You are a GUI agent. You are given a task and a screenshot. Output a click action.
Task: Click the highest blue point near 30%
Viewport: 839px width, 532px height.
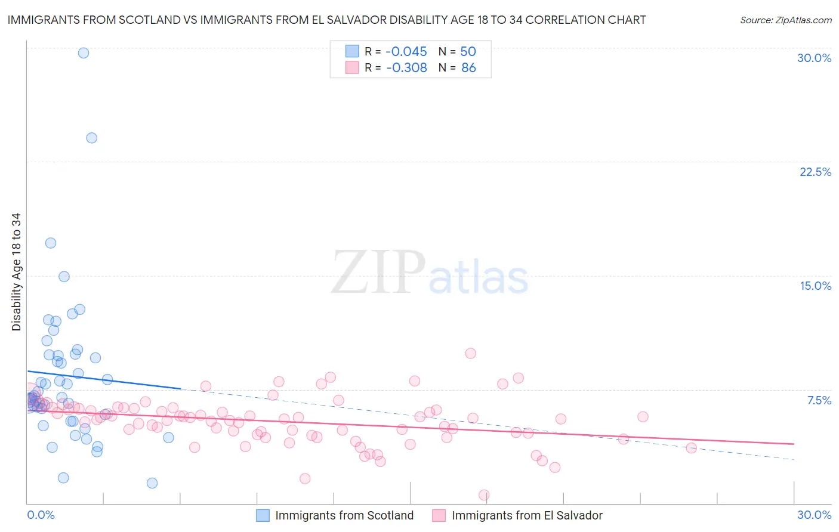pyautogui.click(x=84, y=53)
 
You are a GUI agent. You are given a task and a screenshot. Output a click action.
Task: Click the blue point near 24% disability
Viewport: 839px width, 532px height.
pyautogui.click(x=92, y=138)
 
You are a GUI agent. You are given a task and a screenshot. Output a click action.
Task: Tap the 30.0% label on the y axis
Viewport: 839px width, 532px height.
pyautogui.click(x=814, y=58)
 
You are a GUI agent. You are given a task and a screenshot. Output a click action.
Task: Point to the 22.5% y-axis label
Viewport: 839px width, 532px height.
pyautogui.click(x=815, y=172)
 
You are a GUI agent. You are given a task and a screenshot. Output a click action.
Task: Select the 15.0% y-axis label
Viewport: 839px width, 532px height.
pyautogui.click(x=815, y=286)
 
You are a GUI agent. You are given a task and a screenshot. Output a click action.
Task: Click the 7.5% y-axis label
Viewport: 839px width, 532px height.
pyautogui.click(x=819, y=400)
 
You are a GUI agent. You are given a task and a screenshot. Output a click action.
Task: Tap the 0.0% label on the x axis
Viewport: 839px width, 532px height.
pyautogui.click(x=41, y=515)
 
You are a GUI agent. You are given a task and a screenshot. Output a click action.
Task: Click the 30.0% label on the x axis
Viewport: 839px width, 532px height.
pyautogui.click(x=814, y=515)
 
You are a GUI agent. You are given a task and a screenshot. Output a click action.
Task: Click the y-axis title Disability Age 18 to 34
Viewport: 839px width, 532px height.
pyautogui.click(x=16, y=272)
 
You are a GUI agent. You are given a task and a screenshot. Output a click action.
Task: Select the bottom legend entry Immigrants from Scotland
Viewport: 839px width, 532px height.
pyautogui.click(x=344, y=515)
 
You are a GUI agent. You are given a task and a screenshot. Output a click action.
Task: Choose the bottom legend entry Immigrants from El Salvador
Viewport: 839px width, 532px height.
pyautogui.click(x=527, y=515)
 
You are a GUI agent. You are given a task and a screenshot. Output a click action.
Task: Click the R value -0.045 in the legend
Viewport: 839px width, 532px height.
pyautogui.click(x=406, y=51)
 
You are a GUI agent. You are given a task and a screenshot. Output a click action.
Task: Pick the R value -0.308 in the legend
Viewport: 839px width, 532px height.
pyautogui.click(x=406, y=67)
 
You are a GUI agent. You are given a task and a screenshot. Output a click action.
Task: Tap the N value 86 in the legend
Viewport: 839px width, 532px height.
pyautogui.click(x=468, y=67)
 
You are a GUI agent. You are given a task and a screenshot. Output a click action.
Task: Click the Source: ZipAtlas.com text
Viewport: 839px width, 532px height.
pyautogui.click(x=785, y=20)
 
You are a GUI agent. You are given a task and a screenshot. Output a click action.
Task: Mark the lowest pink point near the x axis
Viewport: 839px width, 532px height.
pyautogui.click(x=484, y=495)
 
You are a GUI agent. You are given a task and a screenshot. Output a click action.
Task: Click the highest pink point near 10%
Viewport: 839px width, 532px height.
pyautogui.click(x=470, y=353)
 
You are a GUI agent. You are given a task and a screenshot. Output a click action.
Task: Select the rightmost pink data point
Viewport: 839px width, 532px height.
pyautogui.click(x=691, y=448)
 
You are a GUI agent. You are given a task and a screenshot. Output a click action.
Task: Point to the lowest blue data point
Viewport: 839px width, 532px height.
pyautogui.click(x=152, y=483)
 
